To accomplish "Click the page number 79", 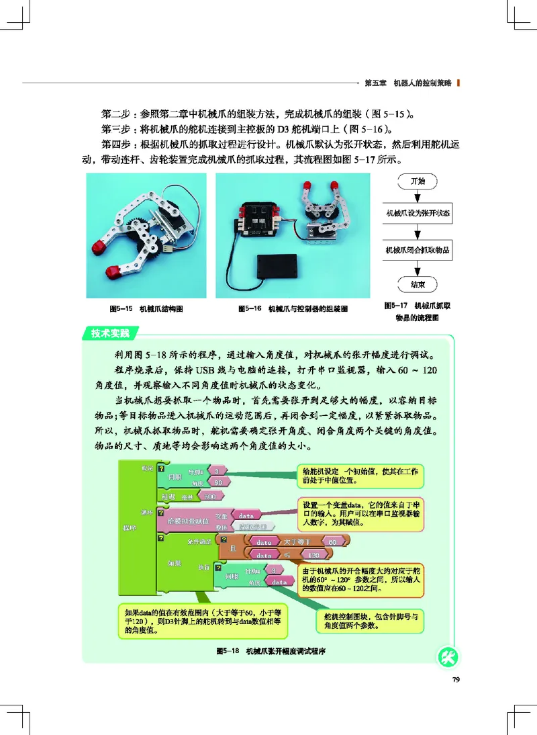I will [455, 680].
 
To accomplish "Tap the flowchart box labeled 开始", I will [416, 181].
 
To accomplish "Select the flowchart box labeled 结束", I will [417, 285].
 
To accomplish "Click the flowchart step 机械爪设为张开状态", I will [417, 215].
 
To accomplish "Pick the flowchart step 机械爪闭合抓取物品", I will [417, 251].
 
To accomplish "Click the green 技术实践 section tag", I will [107, 333].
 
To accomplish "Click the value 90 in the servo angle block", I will [217, 482].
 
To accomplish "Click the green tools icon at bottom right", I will [447, 657].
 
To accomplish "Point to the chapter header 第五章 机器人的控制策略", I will [408, 83].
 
